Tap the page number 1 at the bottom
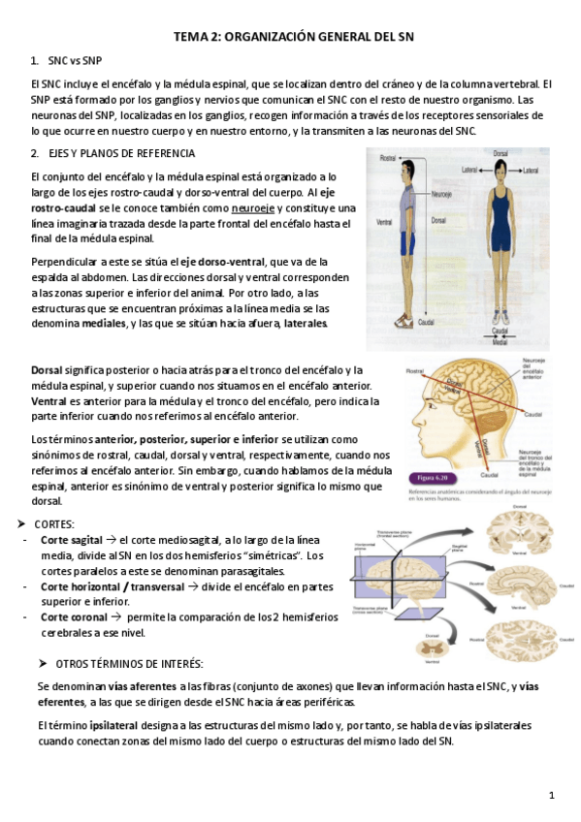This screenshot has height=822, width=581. (x=551, y=796)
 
